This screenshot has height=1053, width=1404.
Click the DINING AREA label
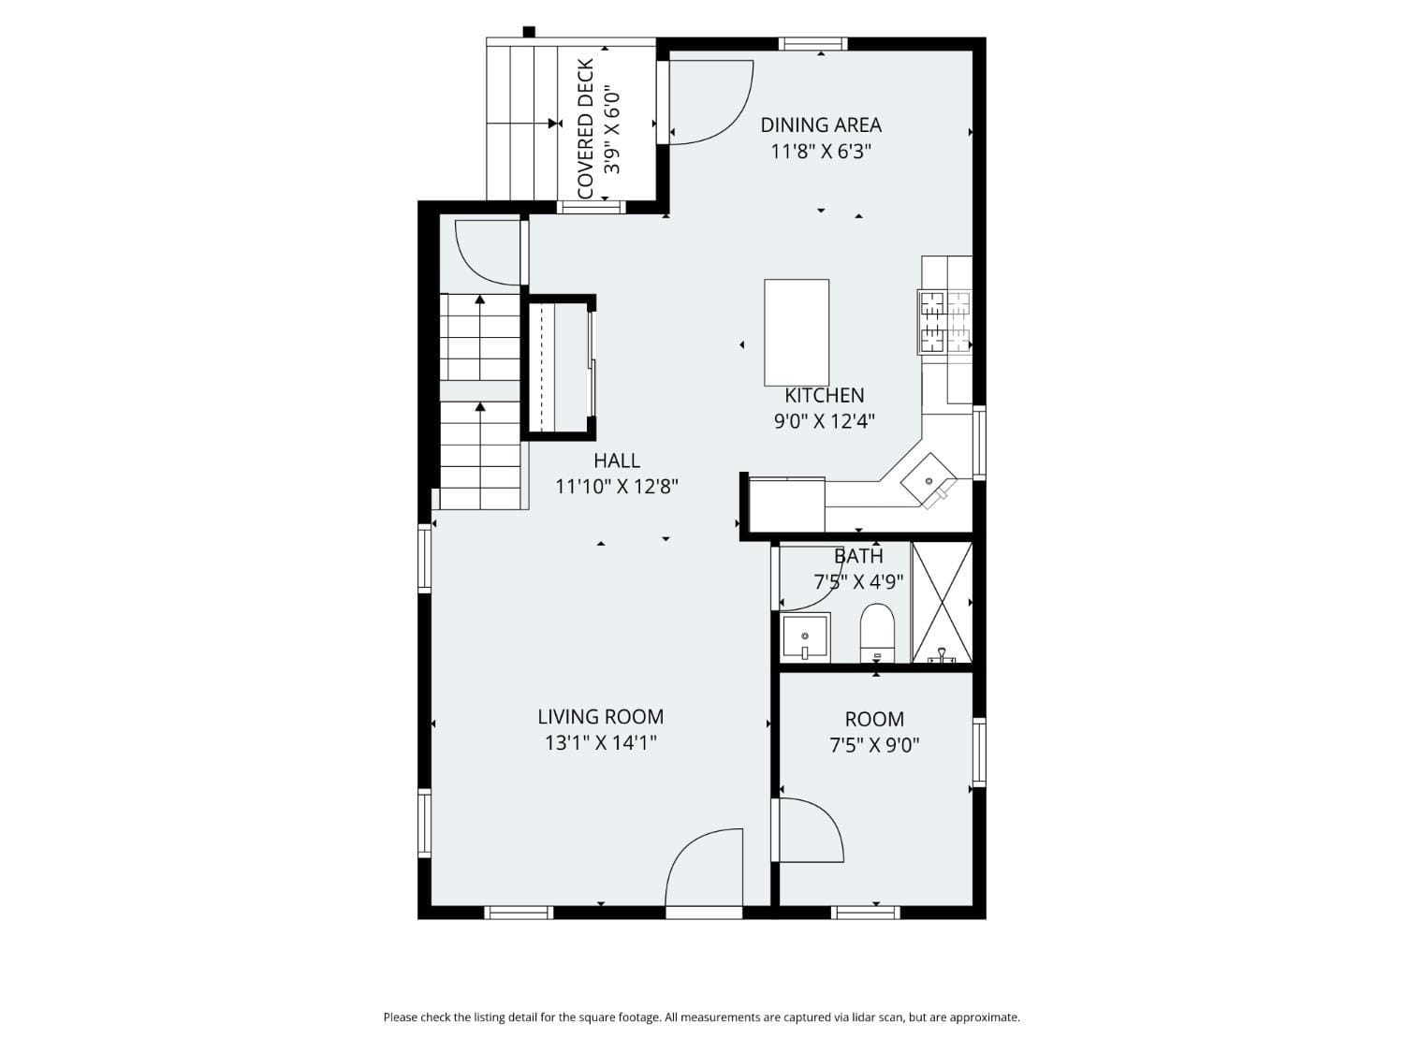pos(820,124)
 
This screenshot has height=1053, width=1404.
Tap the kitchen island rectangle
pos(797,332)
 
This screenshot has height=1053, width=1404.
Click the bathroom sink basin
pos(805,638)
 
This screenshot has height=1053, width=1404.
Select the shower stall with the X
pos(943,602)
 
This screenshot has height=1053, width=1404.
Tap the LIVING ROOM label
pos(600,717)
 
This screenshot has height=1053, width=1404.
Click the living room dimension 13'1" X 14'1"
pos(600,743)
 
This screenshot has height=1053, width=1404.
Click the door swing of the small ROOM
pos(811,830)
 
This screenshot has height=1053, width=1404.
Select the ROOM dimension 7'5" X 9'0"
pos(874,745)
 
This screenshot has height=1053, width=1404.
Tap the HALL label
pos(617,461)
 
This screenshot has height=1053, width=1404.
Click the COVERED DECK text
pos(586,129)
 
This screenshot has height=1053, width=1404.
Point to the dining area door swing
pos(710,103)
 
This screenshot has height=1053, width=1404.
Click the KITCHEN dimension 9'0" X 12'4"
pos(824,421)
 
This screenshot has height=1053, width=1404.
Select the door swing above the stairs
pos(487,251)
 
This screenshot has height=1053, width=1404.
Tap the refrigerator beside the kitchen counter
pos(787,505)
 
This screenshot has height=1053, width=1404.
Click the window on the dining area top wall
pos(812,43)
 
